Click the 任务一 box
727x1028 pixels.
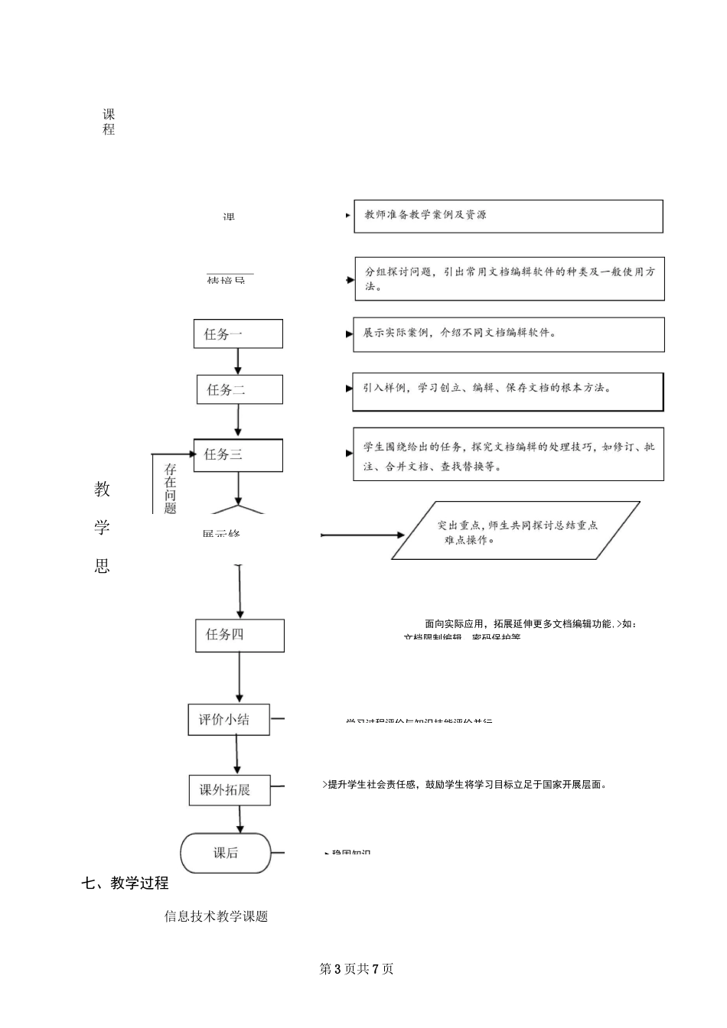pos(238,333)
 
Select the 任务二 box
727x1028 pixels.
pos(240,389)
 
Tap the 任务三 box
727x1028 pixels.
pos(238,454)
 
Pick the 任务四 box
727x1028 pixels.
pos(240,635)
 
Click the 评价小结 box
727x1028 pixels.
pos(229,720)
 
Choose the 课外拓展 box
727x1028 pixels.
pos(230,790)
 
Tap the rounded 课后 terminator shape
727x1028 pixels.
pos(226,853)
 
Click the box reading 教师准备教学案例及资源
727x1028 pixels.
pos(508,216)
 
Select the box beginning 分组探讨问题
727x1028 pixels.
pos(509,278)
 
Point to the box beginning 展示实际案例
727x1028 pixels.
pos(508,334)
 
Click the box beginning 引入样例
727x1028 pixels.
pos(507,391)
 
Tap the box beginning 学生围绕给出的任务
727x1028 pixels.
pos(508,455)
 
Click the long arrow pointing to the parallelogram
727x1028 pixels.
pos(363,535)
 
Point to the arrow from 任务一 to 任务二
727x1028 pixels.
pos(238,361)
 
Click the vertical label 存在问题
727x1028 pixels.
pos(170,489)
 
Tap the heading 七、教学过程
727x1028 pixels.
pos(125,883)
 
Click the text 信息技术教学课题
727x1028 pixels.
pos(216,916)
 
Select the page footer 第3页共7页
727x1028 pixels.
pos(356,969)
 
